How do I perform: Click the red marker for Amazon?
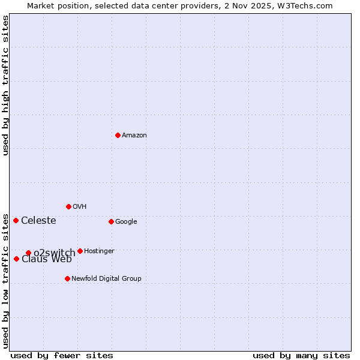118,135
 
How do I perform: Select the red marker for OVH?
68,206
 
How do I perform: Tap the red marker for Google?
111,221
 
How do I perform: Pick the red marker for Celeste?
16,220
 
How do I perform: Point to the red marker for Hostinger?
80,251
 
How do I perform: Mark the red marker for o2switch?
28,253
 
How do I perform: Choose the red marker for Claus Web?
16,259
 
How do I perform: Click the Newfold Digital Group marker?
67,278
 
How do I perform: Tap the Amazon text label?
134,136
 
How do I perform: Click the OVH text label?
80,207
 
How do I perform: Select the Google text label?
126,222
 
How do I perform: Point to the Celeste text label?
38,221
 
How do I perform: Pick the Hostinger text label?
99,251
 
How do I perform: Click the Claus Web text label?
47,259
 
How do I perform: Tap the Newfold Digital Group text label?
106,279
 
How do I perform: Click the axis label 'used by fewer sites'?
62,356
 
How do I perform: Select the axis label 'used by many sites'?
301,356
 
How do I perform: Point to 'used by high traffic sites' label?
6,85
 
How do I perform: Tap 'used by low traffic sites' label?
6,280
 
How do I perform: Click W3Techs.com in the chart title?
307,6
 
